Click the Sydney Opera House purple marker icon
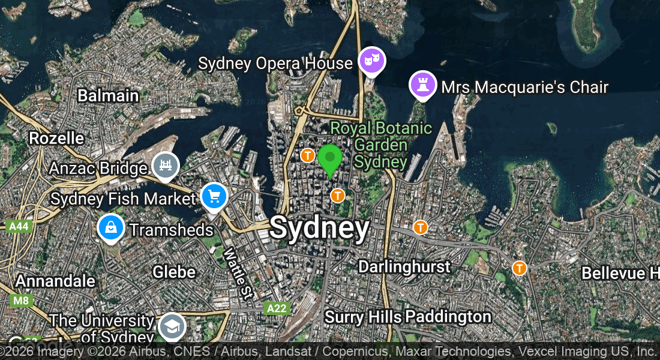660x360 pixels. point(371,60)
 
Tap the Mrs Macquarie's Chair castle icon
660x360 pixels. point(422,85)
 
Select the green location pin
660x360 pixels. point(329,158)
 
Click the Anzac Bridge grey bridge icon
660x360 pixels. point(166,165)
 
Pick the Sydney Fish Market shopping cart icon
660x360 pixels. point(214,196)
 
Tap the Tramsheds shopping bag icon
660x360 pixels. point(112,227)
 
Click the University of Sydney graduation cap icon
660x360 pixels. point(172,326)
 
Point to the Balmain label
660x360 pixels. point(108,95)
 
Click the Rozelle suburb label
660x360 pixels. point(56,138)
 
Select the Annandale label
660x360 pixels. point(55,281)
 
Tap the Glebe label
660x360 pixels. point(174,272)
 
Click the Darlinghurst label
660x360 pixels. point(404,266)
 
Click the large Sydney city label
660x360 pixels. point(319,228)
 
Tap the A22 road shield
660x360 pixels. point(277,308)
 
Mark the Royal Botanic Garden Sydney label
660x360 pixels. point(381,145)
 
